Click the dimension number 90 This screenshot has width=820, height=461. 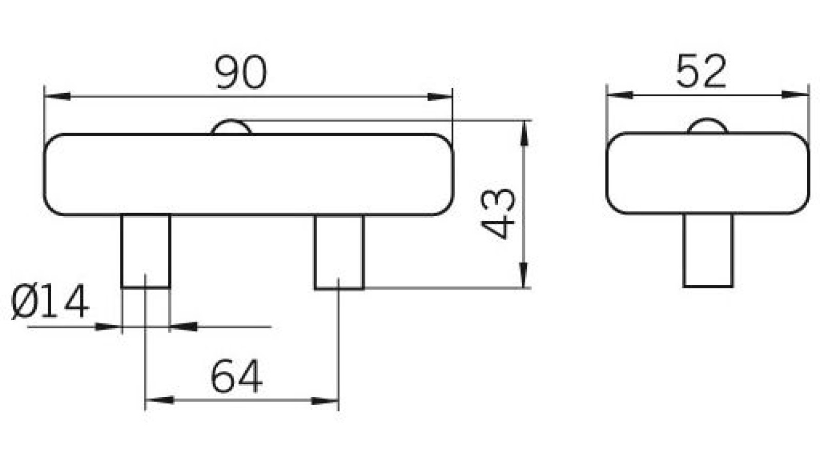coord(241,72)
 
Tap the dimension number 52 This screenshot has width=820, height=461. coord(701,71)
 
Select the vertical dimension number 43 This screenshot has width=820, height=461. coord(498,214)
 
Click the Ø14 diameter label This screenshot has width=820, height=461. coord(50,301)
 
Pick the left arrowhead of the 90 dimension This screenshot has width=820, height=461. coord(57,97)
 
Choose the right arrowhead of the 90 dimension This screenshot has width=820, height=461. coord(440,97)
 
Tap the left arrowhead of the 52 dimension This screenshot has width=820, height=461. coord(620,95)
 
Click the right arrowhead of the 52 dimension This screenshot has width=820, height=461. coord(795,95)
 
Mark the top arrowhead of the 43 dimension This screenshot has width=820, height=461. coord(524,133)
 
